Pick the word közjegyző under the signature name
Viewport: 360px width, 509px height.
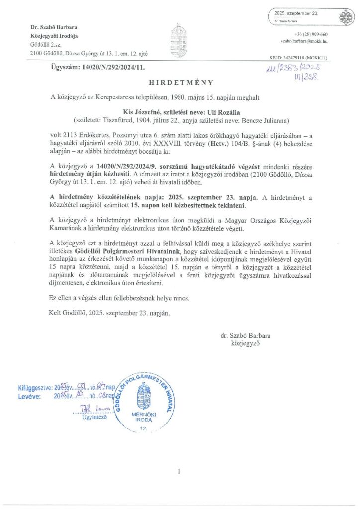point(245,343)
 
